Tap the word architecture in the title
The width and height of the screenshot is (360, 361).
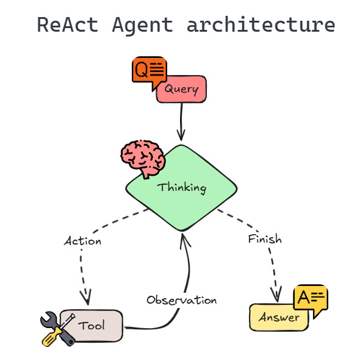click(261, 25)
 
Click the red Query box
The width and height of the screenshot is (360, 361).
click(182, 90)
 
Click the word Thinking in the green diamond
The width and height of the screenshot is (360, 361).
click(182, 187)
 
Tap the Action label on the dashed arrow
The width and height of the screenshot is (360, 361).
click(82, 241)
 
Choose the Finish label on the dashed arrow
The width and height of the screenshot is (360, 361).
click(265, 238)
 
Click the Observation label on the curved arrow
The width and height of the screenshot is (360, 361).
click(181, 300)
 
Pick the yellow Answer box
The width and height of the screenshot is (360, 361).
click(279, 318)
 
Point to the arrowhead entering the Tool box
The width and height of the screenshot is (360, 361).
click(86, 299)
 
